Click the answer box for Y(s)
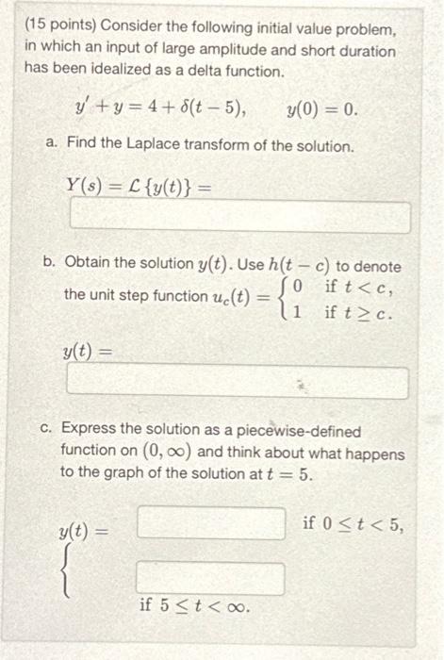pyautogui.click(x=240, y=218)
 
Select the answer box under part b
pyautogui.click(x=237, y=383)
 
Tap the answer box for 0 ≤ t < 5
pyautogui.click(x=211, y=523)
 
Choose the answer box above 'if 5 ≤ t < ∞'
pyautogui.click(x=211, y=578)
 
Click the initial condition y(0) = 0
pyautogui.click(x=321, y=110)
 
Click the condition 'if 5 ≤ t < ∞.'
pyautogui.click(x=194, y=606)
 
